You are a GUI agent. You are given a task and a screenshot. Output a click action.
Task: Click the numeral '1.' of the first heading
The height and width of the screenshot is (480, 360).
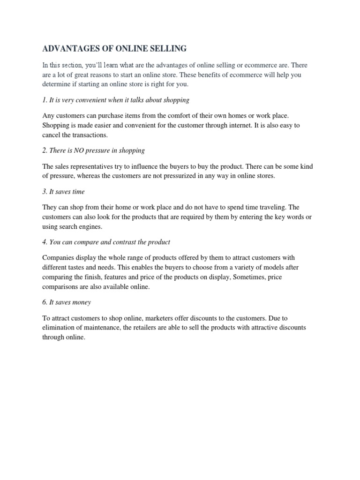(x=45, y=100)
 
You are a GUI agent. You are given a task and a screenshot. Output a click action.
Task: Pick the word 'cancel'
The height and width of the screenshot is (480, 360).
(x=52, y=135)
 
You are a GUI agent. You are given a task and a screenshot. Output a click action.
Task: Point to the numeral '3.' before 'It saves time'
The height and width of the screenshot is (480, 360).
(x=45, y=192)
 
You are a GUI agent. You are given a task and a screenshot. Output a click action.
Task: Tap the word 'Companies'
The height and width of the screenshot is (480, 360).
(x=58, y=258)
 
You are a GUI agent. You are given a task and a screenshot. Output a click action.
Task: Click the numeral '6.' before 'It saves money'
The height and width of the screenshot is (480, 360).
(x=45, y=302)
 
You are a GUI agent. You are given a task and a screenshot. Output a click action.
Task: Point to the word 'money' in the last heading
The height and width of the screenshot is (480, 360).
(x=82, y=302)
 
